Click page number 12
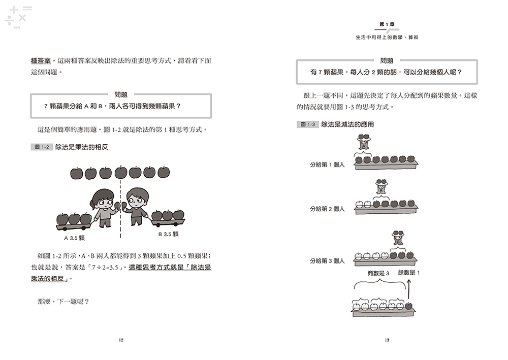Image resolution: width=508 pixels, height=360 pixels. [121, 340]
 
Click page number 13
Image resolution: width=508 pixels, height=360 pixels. [387, 340]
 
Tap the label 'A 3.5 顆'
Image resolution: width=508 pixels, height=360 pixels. [74, 238]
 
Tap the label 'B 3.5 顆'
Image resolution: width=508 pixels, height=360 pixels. [169, 234]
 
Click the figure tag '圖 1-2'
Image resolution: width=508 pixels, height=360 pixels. [42, 147]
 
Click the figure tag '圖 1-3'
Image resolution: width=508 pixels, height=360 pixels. [307, 124]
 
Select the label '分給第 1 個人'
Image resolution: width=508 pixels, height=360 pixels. [327, 165]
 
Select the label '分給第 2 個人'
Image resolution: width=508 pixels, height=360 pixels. [327, 209]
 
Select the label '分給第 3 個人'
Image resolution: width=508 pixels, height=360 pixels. [327, 260]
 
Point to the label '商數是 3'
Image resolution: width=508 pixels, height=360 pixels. [378, 273]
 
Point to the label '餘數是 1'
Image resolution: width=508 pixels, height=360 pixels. [409, 273]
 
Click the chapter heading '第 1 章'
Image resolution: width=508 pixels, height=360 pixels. [387, 24]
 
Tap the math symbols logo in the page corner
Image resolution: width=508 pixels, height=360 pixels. [18, 17]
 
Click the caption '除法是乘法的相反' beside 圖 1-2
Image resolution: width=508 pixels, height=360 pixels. [82, 147]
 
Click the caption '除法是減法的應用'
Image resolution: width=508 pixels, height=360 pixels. [347, 124]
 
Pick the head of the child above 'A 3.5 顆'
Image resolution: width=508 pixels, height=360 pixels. [103, 200]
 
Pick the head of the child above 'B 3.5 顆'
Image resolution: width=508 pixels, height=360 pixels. [137, 198]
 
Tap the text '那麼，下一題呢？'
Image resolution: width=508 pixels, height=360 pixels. [63, 302]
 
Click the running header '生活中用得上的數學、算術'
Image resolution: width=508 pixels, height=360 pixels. [387, 37]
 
